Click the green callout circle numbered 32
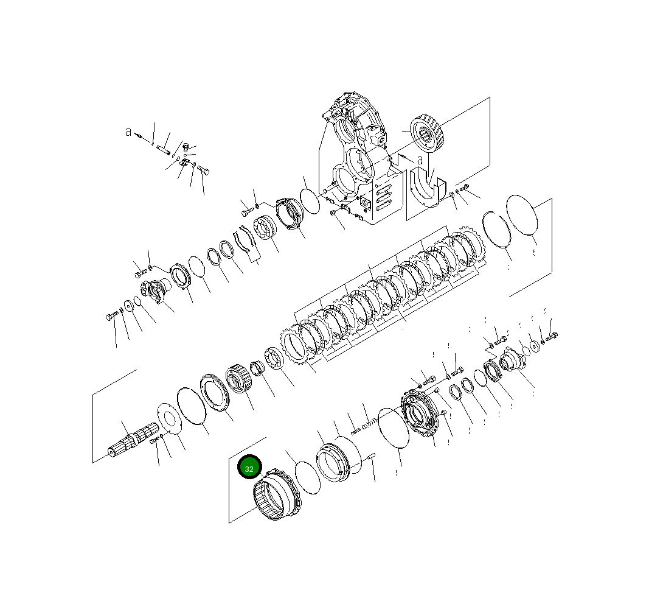(249, 466)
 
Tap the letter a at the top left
(128, 132)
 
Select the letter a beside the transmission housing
(420, 160)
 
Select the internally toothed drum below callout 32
(277, 494)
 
